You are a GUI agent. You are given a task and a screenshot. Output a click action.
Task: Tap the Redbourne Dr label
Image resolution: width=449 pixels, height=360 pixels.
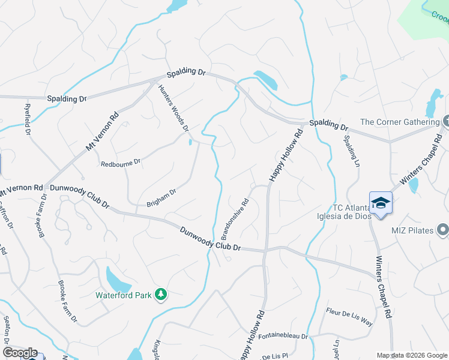120,163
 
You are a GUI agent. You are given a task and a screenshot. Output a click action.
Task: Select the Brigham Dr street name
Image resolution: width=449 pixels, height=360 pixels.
161,199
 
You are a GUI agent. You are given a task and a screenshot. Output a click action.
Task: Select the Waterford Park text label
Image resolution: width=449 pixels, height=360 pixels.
124,295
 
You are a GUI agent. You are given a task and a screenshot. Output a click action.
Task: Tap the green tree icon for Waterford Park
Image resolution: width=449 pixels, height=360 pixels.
160,294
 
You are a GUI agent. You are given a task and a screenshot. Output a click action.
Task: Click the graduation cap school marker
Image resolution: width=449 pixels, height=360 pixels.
381,203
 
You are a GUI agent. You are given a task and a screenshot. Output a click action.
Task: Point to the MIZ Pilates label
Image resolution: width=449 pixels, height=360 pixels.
411,230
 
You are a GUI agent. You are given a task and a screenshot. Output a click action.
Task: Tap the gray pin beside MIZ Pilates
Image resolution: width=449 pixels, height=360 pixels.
443,229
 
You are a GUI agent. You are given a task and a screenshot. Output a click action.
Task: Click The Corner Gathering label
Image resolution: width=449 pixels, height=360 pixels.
408,122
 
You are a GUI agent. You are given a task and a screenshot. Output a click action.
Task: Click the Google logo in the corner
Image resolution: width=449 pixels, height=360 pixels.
20,353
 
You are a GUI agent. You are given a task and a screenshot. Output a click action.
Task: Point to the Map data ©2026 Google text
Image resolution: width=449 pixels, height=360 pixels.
411,355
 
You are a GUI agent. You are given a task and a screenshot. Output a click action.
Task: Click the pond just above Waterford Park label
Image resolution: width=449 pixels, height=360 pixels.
118,278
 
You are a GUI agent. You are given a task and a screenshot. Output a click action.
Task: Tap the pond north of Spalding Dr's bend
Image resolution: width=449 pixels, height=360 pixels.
265,80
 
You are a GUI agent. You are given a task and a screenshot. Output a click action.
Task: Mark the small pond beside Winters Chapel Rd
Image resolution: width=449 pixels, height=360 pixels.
413,185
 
